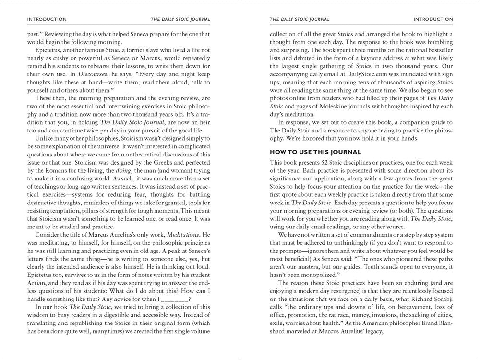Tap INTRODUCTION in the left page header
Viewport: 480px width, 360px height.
[x=47, y=19]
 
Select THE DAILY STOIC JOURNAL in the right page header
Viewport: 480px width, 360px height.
[x=300, y=19]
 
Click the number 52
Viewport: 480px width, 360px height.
[x=321, y=163]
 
